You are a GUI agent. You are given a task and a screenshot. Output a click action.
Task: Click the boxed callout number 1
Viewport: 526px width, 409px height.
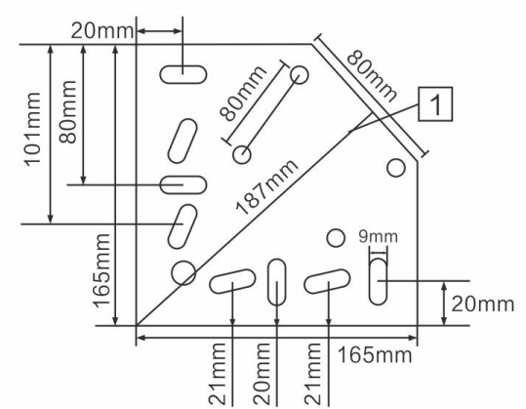tap(435, 104)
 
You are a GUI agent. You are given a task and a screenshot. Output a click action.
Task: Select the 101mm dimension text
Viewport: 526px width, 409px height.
tap(32, 129)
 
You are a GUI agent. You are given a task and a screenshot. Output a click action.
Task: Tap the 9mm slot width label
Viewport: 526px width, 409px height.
tap(378, 236)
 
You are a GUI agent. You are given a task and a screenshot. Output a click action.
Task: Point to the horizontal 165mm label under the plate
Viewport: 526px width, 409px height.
tap(375, 355)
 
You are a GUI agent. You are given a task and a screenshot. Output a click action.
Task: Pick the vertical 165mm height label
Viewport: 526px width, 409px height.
tap(101, 270)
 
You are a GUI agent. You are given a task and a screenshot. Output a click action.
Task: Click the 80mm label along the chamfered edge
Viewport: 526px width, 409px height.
tap(372, 76)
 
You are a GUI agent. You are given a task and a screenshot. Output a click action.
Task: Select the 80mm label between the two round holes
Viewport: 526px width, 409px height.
tap(243, 94)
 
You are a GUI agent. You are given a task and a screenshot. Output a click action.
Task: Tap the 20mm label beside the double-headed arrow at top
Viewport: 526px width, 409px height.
tap(101, 31)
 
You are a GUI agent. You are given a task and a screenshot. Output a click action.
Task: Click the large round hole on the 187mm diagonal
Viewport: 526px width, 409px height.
tap(183, 272)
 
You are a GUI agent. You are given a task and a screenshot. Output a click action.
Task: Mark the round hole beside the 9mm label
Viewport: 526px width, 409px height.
tap(336, 238)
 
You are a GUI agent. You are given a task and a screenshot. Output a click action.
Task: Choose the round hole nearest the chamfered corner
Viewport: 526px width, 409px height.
tap(396, 168)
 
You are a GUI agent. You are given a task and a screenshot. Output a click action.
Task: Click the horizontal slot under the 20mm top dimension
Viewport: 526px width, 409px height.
tap(182, 74)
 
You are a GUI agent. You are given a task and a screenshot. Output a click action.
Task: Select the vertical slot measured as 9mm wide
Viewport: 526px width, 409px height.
tap(378, 281)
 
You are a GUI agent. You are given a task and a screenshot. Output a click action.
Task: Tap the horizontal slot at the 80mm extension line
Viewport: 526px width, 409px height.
tap(182, 184)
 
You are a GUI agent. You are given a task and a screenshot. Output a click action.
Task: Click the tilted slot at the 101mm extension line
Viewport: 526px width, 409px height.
tap(182, 226)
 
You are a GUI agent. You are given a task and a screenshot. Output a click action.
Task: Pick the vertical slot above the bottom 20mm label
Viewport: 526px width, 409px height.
tap(277, 282)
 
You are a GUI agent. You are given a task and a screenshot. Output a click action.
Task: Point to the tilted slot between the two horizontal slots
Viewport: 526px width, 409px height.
tap(182, 141)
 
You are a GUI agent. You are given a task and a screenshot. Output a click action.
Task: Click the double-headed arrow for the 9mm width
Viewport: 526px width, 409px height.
tap(378, 254)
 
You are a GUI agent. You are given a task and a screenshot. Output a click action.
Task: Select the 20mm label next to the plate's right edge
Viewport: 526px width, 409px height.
tap(482, 305)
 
